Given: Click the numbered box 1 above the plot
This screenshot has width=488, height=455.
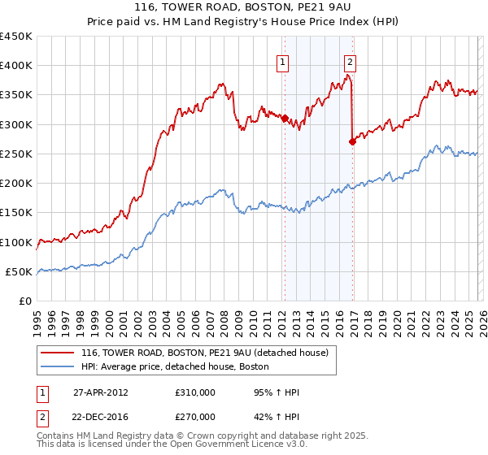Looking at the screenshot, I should [x=283, y=62].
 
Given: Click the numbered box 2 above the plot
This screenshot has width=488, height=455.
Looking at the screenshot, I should [x=350, y=62].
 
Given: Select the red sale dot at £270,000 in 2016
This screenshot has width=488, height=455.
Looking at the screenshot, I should [x=352, y=141].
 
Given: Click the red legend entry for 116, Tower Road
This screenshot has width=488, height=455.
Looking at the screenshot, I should [x=204, y=353].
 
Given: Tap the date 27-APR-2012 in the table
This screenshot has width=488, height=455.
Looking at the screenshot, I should [x=101, y=392].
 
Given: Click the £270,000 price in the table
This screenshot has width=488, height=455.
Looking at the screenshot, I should [x=195, y=415].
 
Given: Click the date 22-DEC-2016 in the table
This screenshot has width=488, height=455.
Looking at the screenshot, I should [x=101, y=415].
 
